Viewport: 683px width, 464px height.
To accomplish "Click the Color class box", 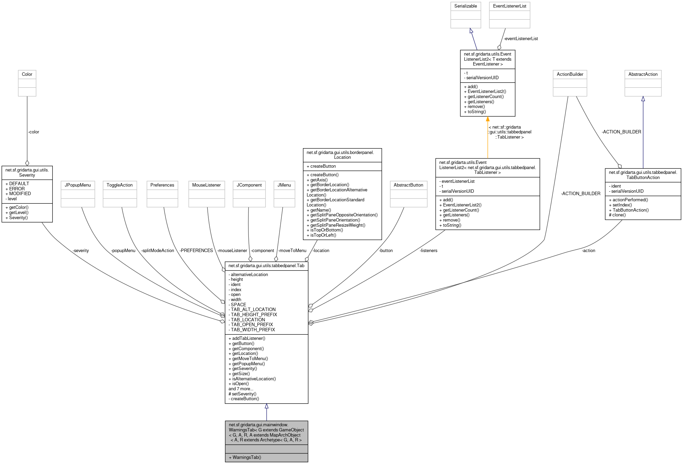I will coord(27,83).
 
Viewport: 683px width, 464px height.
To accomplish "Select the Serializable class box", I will coord(465,15).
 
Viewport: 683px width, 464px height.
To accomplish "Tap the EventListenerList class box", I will coord(509,15).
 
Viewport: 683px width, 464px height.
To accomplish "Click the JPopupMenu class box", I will coord(78,194).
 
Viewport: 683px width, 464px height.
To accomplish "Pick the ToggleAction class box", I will coord(120,194).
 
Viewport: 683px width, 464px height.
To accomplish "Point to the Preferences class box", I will coord(162,194).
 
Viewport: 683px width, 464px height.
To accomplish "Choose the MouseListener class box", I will coord(206,194).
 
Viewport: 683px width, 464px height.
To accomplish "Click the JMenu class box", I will coord(284,194).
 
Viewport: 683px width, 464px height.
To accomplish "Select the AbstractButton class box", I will coord(408,194).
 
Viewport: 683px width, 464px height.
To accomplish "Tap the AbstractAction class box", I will coord(643,83).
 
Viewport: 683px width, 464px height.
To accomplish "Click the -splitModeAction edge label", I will coord(158,251).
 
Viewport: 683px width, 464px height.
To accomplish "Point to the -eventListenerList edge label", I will coord(521,39).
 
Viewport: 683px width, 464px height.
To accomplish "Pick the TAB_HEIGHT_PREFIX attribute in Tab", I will coord(254,314).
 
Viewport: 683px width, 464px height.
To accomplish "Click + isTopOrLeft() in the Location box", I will coord(323,235).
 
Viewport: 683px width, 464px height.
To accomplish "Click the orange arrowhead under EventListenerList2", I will coord(487,119).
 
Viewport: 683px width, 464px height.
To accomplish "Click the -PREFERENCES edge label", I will coord(196,251).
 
